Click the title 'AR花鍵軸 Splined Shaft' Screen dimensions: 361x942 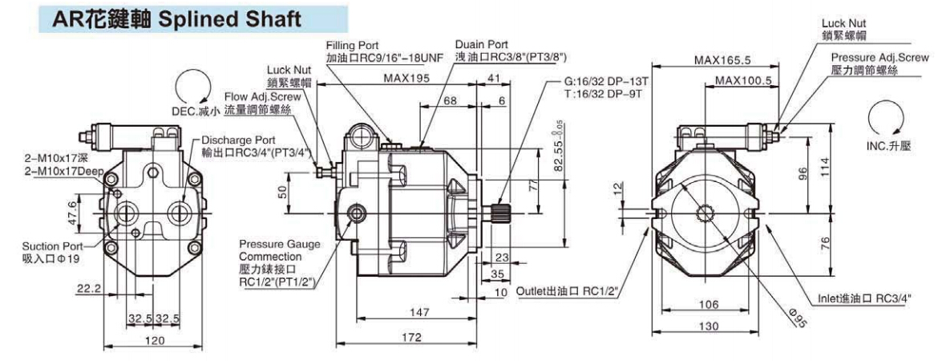coord(177,19)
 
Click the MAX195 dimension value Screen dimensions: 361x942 coord(406,79)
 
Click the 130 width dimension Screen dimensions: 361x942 coord(706,327)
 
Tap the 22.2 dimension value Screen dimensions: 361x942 coord(88,287)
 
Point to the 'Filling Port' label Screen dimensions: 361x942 coord(353,46)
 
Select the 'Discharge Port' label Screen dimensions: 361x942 coord(238,139)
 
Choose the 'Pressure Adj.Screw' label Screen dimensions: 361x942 coord(879,58)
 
